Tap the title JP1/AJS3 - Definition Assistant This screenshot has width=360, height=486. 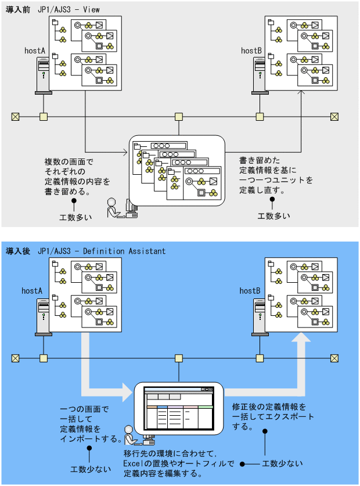(x=102, y=251)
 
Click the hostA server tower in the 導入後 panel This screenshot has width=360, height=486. (x=43, y=317)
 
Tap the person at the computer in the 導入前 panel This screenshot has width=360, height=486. (x=114, y=208)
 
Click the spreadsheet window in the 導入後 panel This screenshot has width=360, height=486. (x=178, y=407)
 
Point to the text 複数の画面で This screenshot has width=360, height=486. (x=69, y=161)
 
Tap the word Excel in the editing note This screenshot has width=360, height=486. (x=134, y=463)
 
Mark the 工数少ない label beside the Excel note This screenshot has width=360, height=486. (x=282, y=463)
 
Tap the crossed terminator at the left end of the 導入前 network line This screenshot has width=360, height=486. (x=16, y=117)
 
